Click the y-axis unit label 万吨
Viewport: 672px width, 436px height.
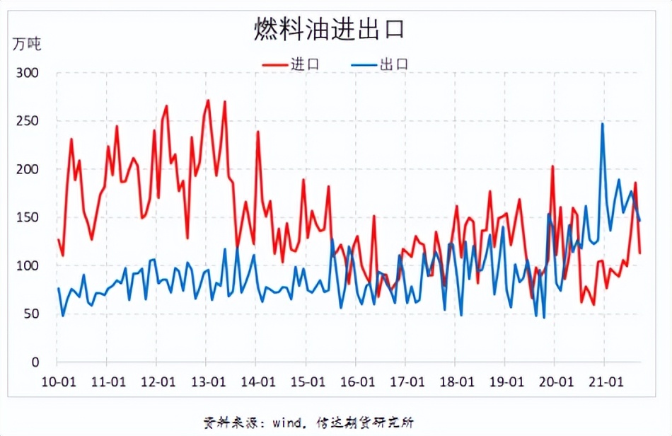coord(27,44)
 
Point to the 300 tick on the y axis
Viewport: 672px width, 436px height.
coord(29,73)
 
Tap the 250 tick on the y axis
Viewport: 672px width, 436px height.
coord(29,121)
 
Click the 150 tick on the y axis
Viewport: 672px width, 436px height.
coord(29,217)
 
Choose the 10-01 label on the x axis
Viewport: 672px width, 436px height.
coord(58,381)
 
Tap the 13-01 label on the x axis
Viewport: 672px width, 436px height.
coord(207,381)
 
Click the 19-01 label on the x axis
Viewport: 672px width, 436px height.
coord(505,381)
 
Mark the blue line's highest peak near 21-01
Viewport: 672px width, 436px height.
coord(603,124)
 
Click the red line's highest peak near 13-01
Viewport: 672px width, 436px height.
coord(208,101)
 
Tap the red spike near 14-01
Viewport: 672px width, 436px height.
coord(258,132)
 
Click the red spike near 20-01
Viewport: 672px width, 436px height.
coord(552,167)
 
